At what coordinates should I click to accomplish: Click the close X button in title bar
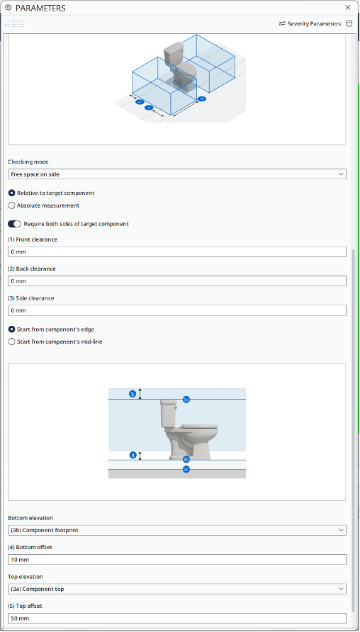pyautogui.click(x=347, y=8)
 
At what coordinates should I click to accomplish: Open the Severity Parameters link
pyautogui.click(x=310, y=23)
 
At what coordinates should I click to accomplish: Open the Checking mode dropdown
pyautogui.click(x=176, y=174)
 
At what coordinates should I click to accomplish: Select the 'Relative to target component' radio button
pyautogui.click(x=11, y=193)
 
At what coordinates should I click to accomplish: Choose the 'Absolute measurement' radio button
pyautogui.click(x=11, y=205)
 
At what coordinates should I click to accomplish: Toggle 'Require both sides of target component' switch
pyautogui.click(x=14, y=224)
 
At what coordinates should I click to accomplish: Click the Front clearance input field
pyautogui.click(x=176, y=252)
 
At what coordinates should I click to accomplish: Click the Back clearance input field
pyautogui.click(x=176, y=281)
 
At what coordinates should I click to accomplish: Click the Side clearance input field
pyautogui.click(x=176, y=310)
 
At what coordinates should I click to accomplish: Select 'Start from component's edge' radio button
pyautogui.click(x=11, y=329)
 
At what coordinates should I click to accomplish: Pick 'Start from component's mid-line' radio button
pyautogui.click(x=11, y=342)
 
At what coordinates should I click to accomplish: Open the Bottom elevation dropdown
pyautogui.click(x=176, y=530)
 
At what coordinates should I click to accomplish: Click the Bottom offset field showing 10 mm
pyautogui.click(x=176, y=560)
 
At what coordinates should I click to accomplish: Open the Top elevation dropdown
pyautogui.click(x=176, y=589)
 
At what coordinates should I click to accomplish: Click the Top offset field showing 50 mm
pyautogui.click(x=176, y=618)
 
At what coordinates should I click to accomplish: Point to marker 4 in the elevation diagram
pyautogui.click(x=133, y=455)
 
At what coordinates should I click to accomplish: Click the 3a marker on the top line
pyautogui.click(x=186, y=400)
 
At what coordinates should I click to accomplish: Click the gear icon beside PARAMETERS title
pyautogui.click(x=8, y=8)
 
